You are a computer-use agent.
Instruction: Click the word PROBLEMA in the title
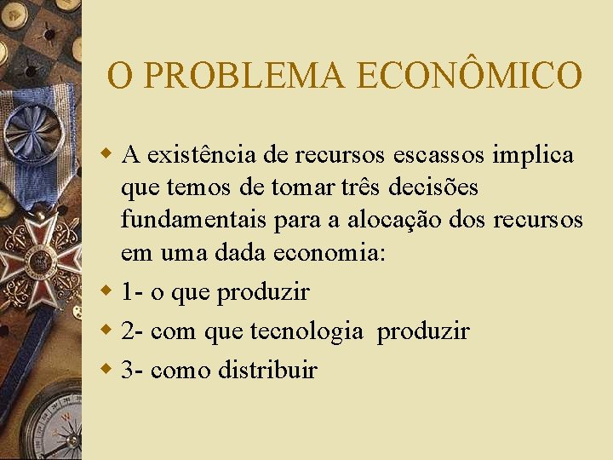coord(246,75)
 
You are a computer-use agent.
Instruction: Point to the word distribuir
coord(267,370)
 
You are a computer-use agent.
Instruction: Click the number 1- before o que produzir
coord(132,292)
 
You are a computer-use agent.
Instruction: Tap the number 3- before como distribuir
coord(132,370)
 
